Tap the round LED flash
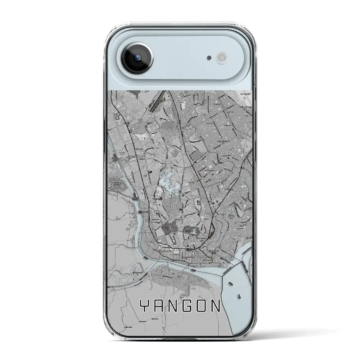point(220,58)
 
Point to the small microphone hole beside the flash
point(209,58)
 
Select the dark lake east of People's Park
point(188,232)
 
